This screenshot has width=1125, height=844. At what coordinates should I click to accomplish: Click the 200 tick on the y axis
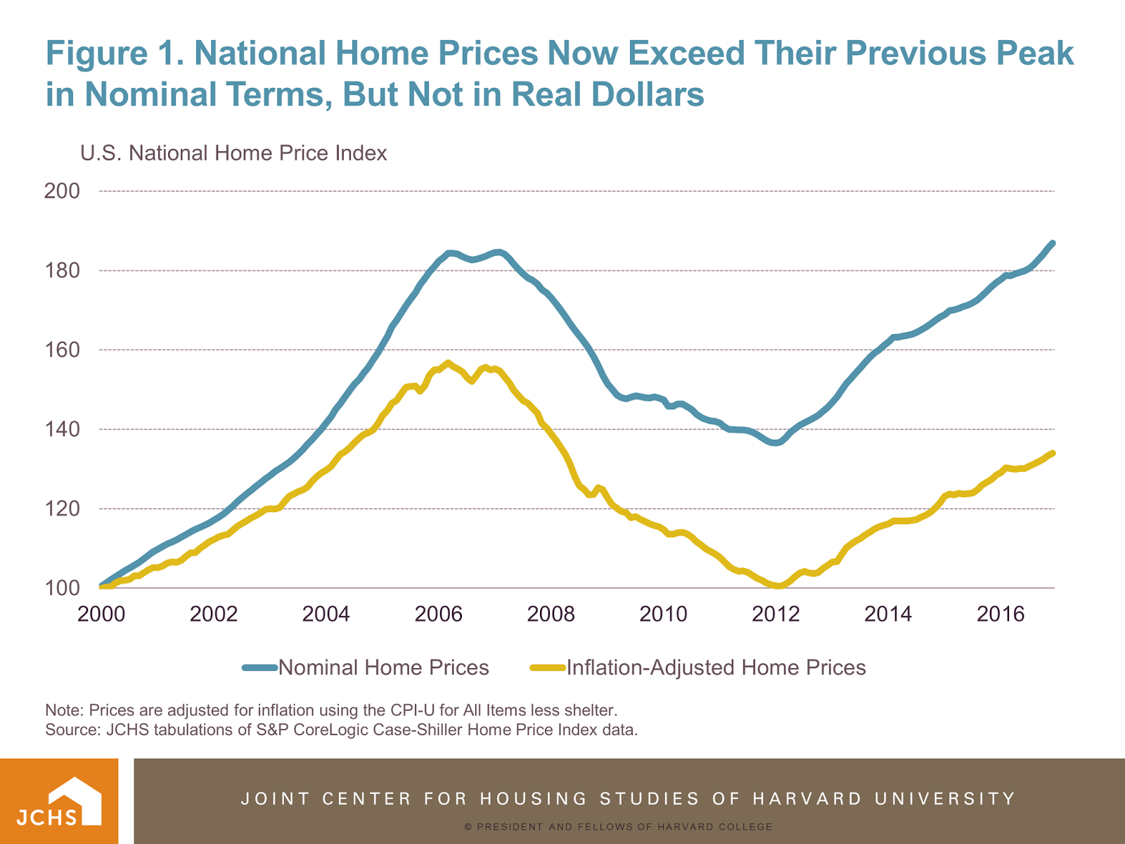click(x=62, y=191)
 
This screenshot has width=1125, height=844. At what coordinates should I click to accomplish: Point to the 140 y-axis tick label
click(x=62, y=429)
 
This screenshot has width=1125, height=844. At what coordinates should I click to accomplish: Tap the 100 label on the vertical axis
click(x=62, y=588)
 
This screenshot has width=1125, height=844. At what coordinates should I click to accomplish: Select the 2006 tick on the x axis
click(x=438, y=614)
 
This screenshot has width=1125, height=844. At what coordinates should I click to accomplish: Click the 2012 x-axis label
click(x=776, y=614)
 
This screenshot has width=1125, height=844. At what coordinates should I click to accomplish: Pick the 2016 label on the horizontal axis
click(x=1001, y=614)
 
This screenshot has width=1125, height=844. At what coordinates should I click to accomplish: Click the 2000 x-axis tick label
click(x=101, y=614)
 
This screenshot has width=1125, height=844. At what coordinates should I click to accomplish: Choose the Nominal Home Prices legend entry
click(x=383, y=667)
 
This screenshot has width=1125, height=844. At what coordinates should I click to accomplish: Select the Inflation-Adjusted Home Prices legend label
click(x=716, y=667)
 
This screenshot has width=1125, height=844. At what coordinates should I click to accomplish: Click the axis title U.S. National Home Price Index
click(x=233, y=153)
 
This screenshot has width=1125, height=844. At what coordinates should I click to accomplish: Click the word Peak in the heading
click(x=1031, y=53)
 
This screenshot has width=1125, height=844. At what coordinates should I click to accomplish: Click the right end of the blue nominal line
click(x=1053, y=243)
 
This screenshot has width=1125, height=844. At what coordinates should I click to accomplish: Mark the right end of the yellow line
click(x=1053, y=454)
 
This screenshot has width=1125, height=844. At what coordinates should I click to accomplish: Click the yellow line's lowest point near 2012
click(x=779, y=586)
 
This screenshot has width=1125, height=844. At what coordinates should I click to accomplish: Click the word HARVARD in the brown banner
click(x=807, y=799)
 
